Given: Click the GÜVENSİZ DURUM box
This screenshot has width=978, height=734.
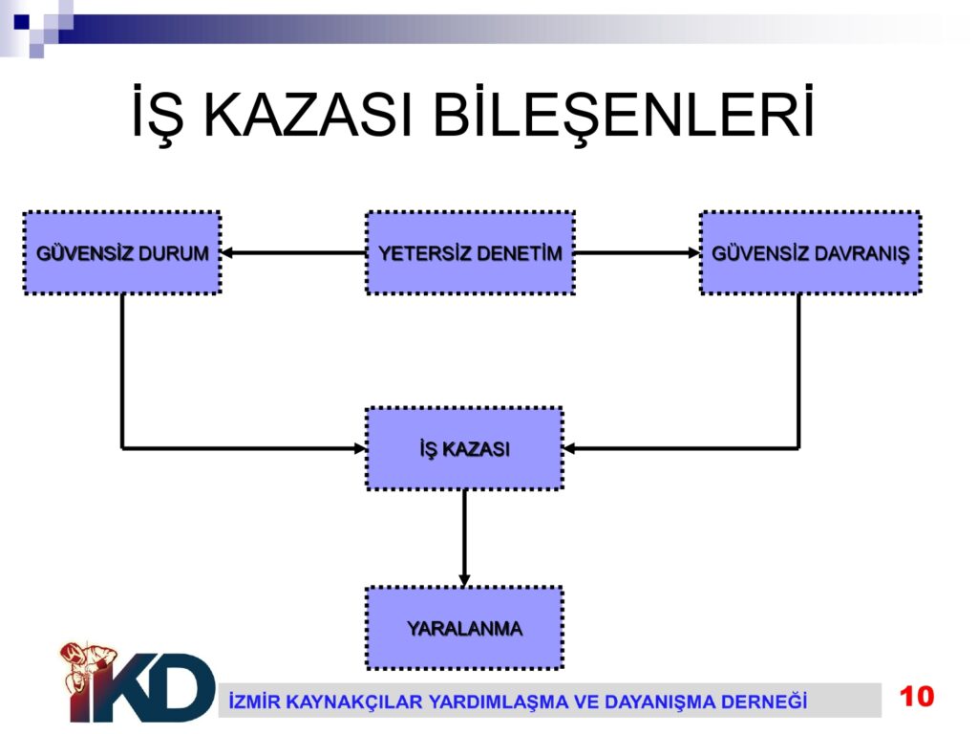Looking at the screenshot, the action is pyautogui.click(x=122, y=252).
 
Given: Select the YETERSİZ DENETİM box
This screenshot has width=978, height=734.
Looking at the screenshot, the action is pyautogui.click(x=470, y=252).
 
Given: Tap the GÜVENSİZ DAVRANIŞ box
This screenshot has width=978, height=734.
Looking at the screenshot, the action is pyautogui.click(x=810, y=252).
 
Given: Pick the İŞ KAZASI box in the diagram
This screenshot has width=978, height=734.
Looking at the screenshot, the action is pyautogui.click(x=465, y=448).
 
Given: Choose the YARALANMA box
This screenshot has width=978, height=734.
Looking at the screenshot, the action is pyautogui.click(x=465, y=628).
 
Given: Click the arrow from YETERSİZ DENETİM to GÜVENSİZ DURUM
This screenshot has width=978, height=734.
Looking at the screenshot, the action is pyautogui.click(x=294, y=252).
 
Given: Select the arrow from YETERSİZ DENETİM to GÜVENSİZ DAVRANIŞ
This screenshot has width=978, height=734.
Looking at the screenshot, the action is pyautogui.click(x=637, y=252).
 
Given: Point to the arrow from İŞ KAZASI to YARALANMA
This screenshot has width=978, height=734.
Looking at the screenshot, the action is pyautogui.click(x=465, y=538).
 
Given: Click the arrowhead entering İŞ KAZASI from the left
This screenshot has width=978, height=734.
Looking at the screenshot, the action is pyautogui.click(x=360, y=448).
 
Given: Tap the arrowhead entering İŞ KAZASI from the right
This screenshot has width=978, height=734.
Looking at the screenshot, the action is pyautogui.click(x=569, y=448).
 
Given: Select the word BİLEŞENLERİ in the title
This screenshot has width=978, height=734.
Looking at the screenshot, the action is pyautogui.click(x=624, y=113).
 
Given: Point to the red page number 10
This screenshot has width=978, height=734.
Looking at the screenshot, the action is pyautogui.click(x=916, y=697).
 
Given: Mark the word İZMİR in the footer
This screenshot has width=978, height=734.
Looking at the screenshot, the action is pyautogui.click(x=254, y=701).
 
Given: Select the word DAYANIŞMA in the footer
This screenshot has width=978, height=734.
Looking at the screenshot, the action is pyautogui.click(x=660, y=702).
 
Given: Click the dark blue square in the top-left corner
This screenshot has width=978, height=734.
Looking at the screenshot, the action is pyautogui.click(x=22, y=23).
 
